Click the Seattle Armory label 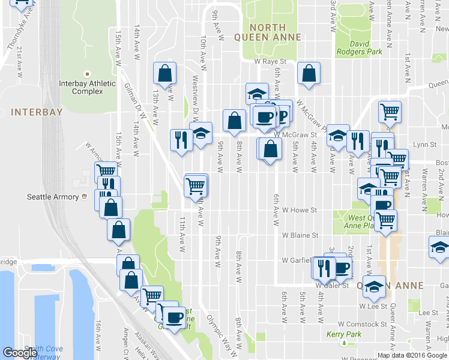point(53,197)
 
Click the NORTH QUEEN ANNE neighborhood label point(276,32)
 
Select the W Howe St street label point(299,211)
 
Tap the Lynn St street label point(424,145)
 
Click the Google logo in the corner point(20,353)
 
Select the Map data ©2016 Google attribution point(412,355)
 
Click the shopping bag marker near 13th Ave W point(164,73)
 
